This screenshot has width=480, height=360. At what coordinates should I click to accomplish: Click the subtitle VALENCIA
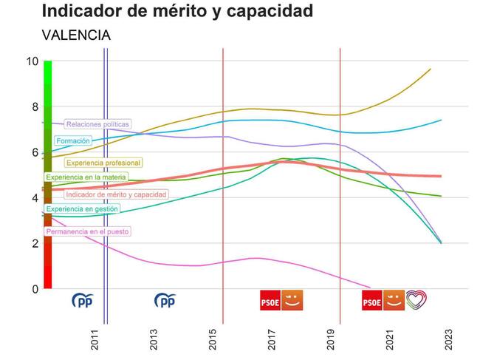coord(76,35)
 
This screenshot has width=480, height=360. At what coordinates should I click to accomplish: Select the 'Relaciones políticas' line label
coord(97,124)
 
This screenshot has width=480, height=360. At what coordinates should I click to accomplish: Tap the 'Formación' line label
coord(72,140)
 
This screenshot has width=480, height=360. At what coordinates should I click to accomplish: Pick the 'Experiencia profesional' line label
coord(103,163)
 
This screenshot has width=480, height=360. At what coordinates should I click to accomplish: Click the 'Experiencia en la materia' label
coord(86,177)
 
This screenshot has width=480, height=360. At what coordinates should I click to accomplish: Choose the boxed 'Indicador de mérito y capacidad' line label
coord(116,194)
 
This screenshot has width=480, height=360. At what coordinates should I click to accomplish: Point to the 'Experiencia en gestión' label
coord(81,209)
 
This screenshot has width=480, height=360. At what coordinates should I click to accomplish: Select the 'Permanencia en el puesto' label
coord(87,231)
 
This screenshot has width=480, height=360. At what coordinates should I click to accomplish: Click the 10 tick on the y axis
coord(31,61)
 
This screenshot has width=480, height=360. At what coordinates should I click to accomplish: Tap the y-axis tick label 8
coord(33,106)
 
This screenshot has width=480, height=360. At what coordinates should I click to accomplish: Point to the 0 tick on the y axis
coord(33,289)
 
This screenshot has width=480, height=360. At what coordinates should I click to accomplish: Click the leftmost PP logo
coord(83,300)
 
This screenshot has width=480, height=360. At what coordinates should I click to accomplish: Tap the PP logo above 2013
coord(165,300)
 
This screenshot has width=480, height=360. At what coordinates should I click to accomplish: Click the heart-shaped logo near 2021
coord(416,300)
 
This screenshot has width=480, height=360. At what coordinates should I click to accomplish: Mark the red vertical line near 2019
coord(340,185)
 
